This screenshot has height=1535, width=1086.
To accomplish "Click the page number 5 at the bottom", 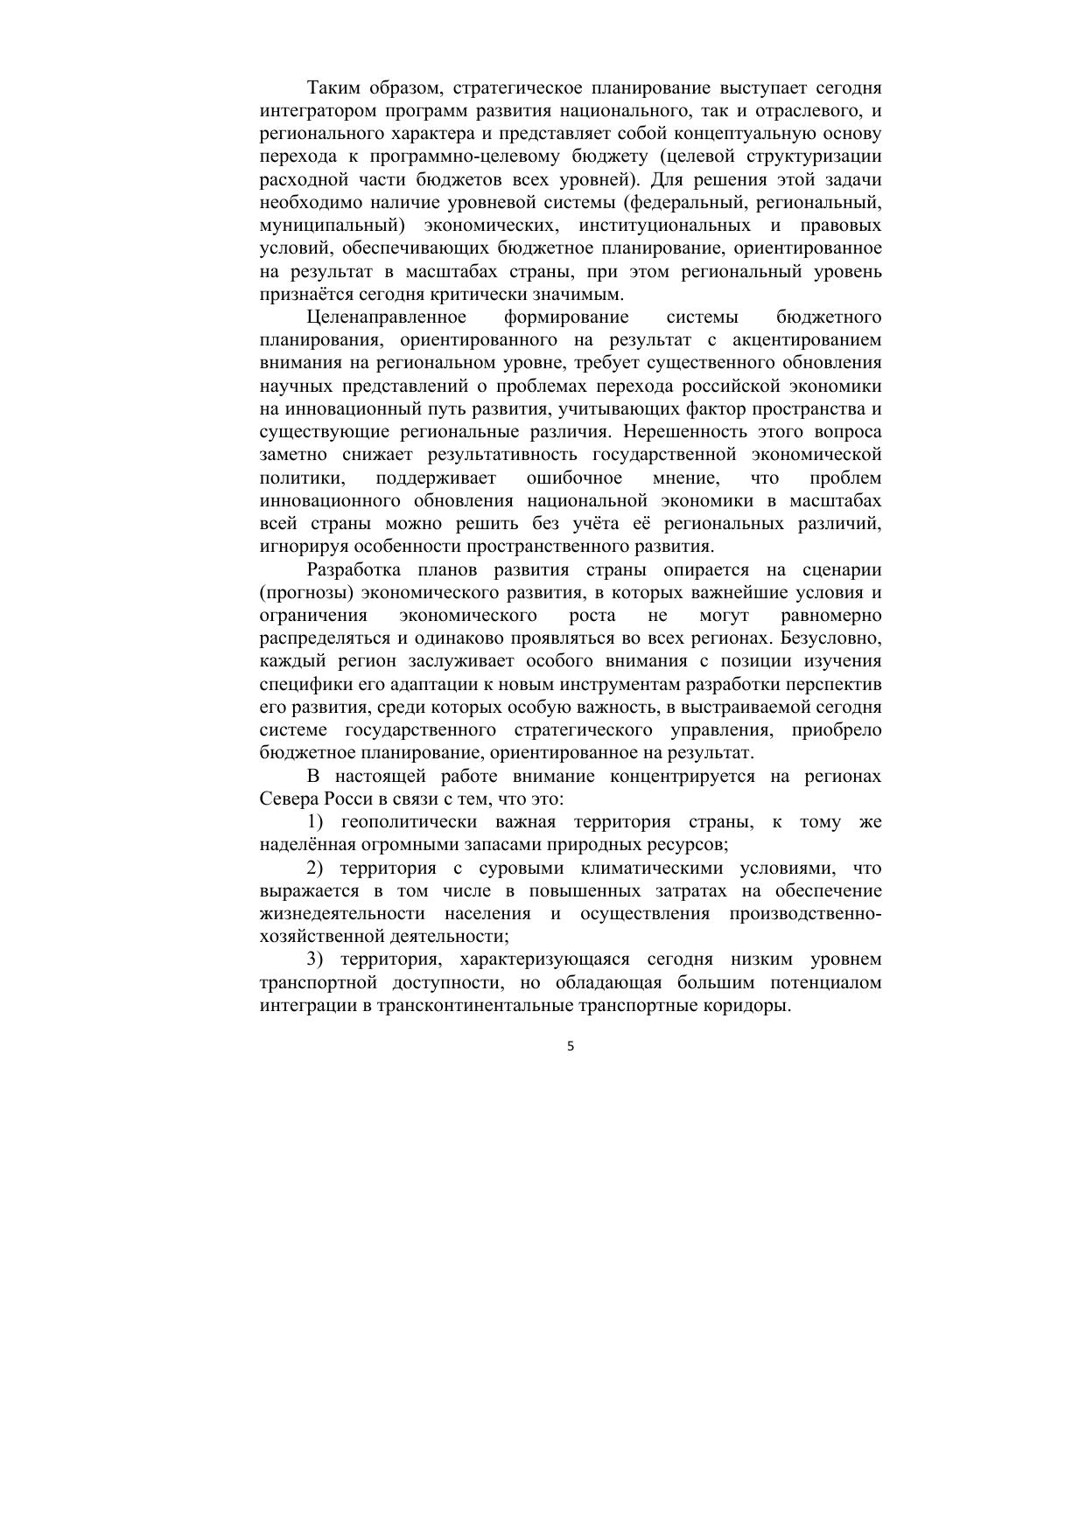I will tap(571, 1046).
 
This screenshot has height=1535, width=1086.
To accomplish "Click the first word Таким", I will tap(333, 88).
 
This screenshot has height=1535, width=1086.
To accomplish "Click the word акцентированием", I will tap(812, 340).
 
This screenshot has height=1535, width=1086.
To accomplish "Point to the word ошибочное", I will tap(574, 478).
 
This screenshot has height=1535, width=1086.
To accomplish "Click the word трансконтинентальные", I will tap(476, 1006).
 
